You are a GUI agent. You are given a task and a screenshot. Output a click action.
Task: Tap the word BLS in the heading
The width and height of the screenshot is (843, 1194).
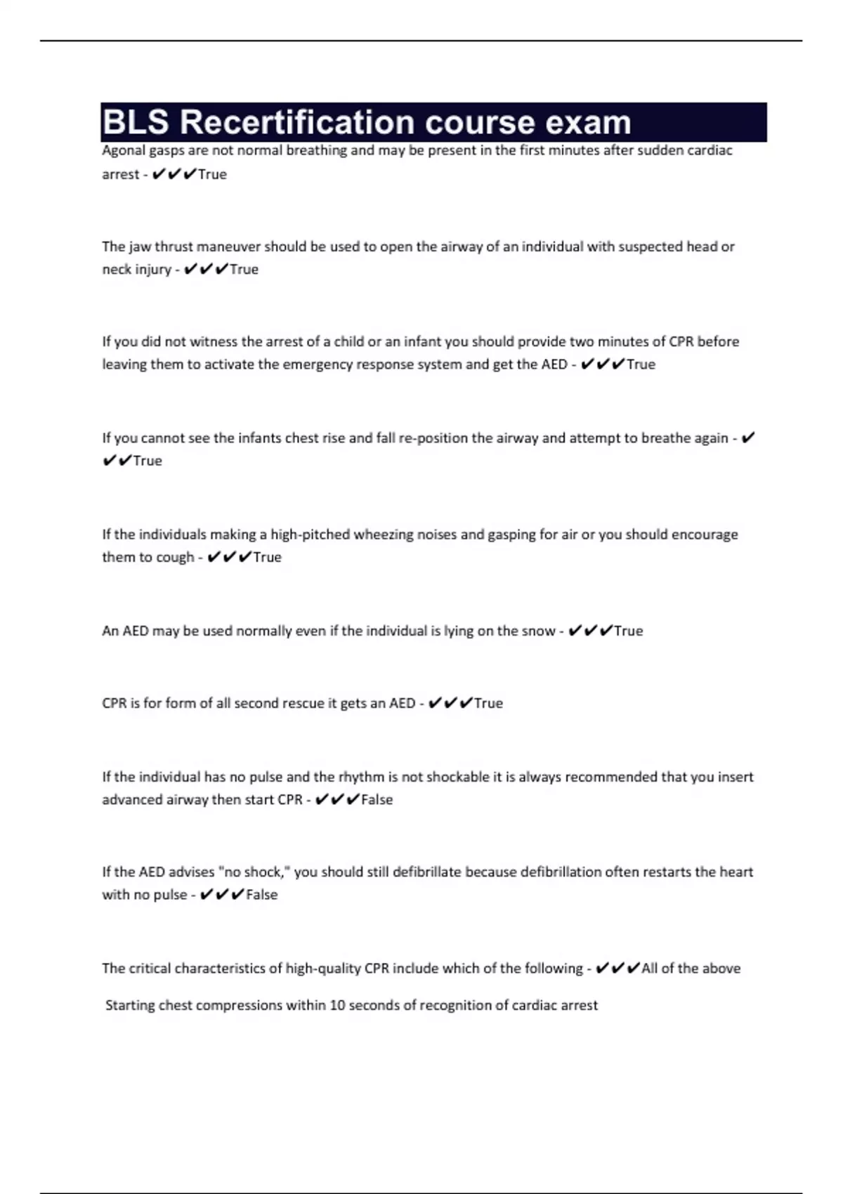[x=136, y=122]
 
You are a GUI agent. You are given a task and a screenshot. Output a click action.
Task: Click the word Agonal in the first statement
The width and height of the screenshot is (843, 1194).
[x=123, y=150]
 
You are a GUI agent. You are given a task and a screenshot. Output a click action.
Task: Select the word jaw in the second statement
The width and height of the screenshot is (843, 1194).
[x=140, y=247]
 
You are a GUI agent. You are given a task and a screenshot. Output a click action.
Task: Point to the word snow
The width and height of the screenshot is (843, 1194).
[x=538, y=631]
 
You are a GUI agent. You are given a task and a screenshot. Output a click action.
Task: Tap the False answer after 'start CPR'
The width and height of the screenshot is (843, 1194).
[x=377, y=800]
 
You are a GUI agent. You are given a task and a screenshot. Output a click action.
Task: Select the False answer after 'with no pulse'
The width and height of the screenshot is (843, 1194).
[x=261, y=895]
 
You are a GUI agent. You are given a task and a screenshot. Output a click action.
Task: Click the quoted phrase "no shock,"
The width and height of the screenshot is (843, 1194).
[x=254, y=872]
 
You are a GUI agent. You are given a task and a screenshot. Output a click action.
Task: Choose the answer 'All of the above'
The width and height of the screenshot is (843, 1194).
[x=691, y=969]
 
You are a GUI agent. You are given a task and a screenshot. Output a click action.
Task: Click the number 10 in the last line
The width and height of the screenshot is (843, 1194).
[x=337, y=1005]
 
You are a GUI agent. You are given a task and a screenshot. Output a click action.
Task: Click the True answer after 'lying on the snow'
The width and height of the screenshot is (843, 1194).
[x=628, y=631]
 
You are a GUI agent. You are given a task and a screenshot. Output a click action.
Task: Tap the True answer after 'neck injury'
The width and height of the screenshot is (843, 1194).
[x=244, y=270]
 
